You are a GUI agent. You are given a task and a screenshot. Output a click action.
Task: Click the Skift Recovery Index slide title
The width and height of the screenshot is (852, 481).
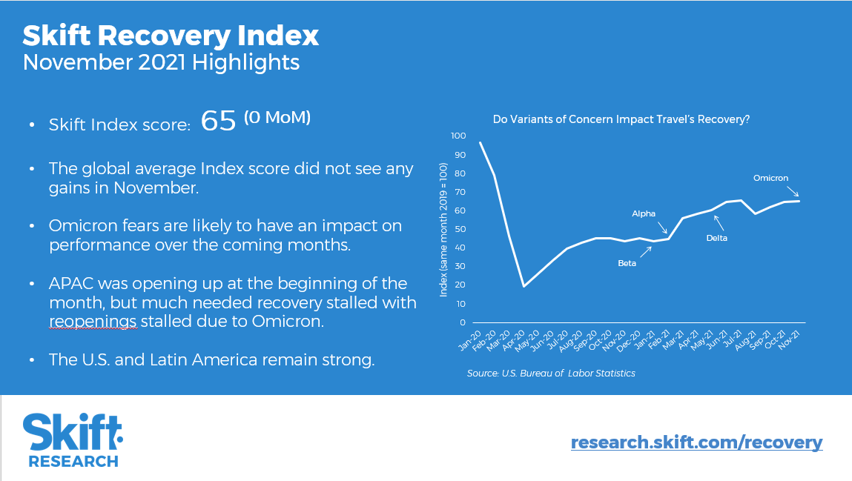coord(171,35)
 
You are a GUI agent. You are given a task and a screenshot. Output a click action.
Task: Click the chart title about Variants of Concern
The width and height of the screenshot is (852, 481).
coord(621,119)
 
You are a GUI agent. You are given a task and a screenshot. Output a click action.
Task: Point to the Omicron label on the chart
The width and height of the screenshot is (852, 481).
coord(770,178)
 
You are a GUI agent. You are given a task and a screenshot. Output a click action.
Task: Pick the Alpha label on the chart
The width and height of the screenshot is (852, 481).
coord(644,213)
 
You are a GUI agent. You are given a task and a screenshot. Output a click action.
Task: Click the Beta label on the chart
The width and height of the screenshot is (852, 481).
coord(627,262)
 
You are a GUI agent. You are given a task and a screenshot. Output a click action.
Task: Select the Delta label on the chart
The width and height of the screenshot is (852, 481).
coord(716,238)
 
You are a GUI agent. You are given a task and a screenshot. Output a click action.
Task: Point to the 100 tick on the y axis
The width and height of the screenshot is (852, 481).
coord(458,136)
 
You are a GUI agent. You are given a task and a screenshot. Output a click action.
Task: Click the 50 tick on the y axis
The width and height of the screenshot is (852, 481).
coord(460,229)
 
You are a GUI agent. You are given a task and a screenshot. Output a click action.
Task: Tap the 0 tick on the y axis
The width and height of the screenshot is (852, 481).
coord(463,322)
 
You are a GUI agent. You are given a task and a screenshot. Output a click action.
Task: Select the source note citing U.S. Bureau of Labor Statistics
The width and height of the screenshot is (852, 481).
coord(551,374)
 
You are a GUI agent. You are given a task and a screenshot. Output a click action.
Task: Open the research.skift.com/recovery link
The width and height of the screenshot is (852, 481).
coord(696,442)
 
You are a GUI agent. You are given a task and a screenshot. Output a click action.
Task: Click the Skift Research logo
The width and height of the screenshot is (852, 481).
coord(73,440)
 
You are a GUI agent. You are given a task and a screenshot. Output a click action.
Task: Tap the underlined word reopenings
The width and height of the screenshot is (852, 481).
coord(92,322)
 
